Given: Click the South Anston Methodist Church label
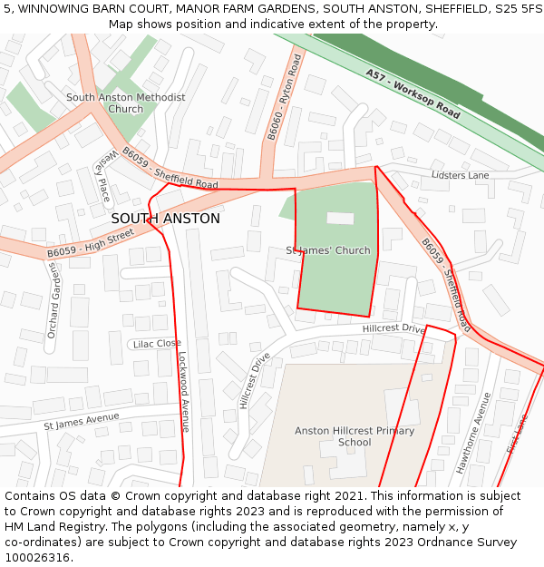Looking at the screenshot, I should click(x=125, y=103).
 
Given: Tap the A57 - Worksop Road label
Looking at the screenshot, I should click(x=413, y=93).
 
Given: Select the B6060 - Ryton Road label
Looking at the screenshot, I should click(x=283, y=97).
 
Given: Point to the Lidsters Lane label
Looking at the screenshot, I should click(x=460, y=175).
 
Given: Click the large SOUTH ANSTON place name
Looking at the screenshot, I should click(x=165, y=219).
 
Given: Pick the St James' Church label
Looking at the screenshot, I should click(x=328, y=250).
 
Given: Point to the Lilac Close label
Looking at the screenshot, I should click(x=157, y=344).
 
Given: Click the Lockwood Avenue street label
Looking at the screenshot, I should click(x=184, y=391).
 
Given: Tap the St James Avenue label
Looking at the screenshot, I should click(x=82, y=420).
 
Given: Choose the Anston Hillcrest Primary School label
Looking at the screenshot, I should click(x=355, y=436).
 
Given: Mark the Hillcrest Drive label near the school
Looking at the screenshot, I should click(x=393, y=328).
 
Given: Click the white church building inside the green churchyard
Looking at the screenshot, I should click(x=340, y=218).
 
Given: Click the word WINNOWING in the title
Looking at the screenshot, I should click(x=53, y=8).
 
